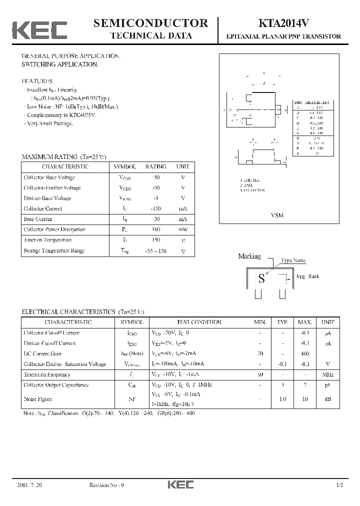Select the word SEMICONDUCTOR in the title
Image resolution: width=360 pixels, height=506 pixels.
click(150, 23)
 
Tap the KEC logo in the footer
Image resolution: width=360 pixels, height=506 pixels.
click(179, 485)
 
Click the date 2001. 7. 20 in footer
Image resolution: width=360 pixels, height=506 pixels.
click(29, 485)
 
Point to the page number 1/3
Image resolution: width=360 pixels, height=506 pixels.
click(339, 485)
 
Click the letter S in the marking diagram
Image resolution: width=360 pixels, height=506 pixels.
click(261, 278)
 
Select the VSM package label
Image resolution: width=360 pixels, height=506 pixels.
click(277, 215)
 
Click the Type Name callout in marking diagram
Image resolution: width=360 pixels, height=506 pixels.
click(293, 260)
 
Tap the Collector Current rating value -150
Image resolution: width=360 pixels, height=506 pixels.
click(156, 208)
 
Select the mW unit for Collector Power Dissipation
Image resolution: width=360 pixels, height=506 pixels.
click(182, 229)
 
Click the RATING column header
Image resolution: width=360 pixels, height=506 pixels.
click(156, 166)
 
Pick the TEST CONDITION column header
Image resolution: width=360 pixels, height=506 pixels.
click(199, 322)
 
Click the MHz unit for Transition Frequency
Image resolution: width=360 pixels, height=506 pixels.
click(327, 374)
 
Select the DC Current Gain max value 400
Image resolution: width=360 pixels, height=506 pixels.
click(304, 353)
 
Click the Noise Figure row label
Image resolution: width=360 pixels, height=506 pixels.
click(38, 399)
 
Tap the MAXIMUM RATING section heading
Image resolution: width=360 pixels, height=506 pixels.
click(64, 156)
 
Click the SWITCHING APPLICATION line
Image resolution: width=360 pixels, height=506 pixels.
click(60, 64)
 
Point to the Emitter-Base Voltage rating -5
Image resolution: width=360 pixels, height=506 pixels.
click(156, 198)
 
